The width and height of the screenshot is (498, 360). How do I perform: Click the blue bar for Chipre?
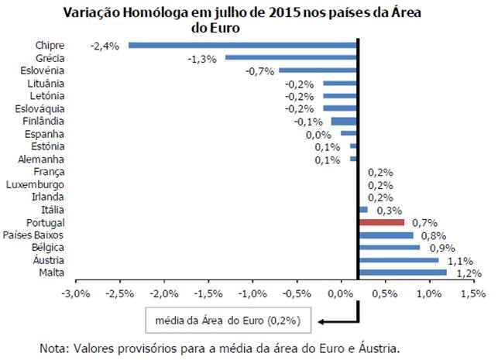242,45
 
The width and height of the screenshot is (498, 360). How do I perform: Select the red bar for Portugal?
382,222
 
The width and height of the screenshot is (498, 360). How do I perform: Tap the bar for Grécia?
291,57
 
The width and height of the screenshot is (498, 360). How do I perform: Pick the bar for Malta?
404,273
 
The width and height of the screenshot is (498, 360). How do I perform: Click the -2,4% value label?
105,45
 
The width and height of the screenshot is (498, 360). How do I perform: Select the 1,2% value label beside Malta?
470,273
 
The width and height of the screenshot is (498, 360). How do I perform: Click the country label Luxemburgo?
35,184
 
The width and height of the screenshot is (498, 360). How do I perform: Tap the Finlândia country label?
41,121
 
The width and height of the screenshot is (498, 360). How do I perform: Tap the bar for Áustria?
399,260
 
